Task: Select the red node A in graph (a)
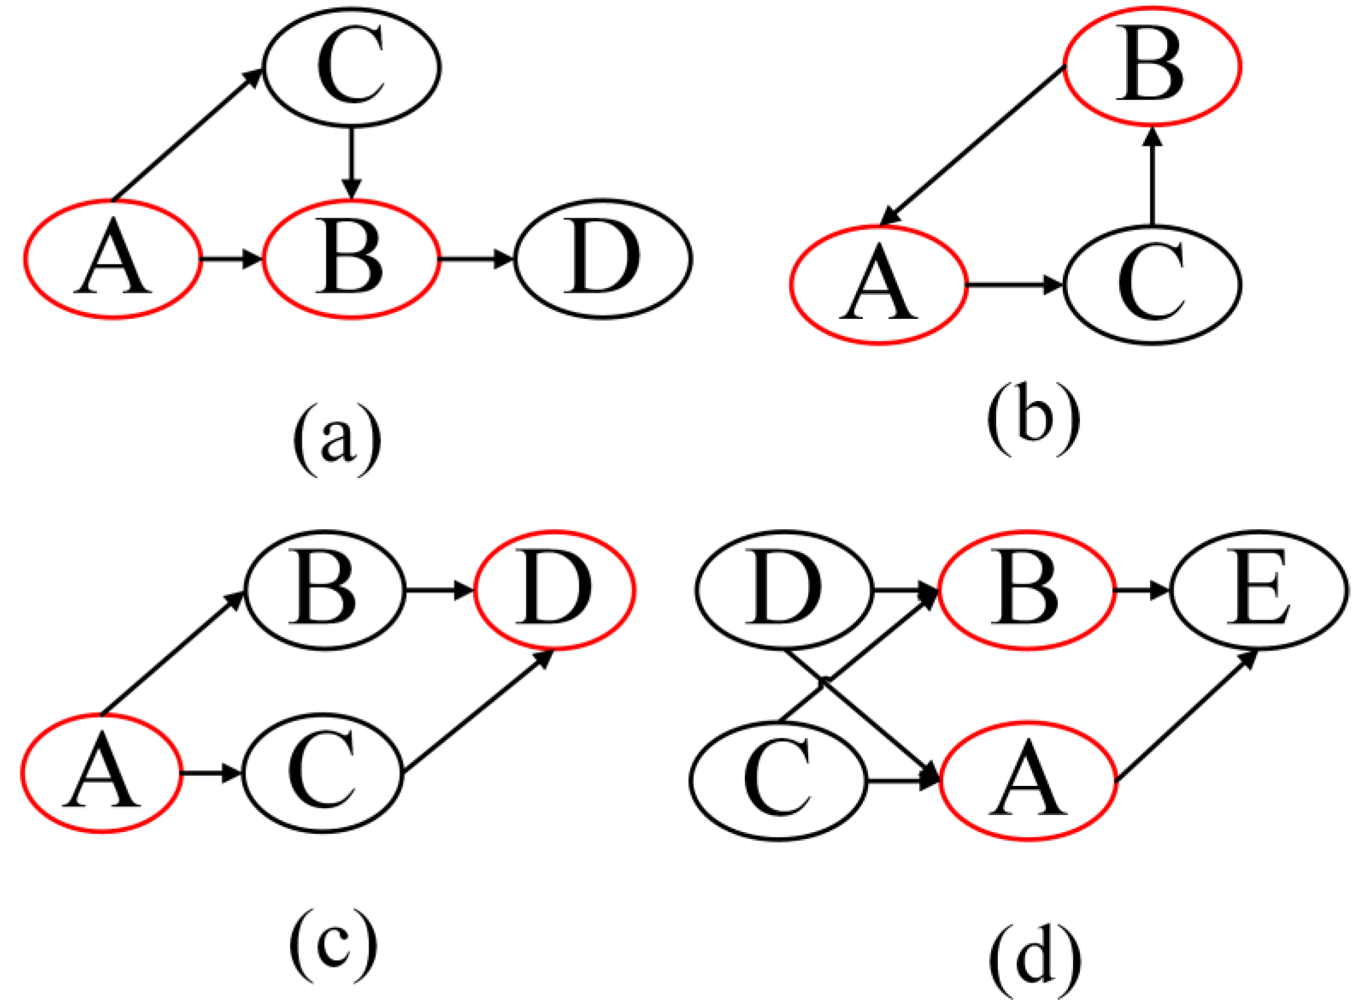coord(113,259)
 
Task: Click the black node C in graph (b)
coord(1152,284)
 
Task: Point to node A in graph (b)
coord(878,284)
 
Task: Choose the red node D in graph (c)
coord(554,590)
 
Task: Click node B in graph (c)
coord(324,590)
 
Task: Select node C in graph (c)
coord(322,773)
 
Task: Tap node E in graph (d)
coord(1259,590)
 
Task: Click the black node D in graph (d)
coord(784,590)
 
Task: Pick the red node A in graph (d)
coord(1028,781)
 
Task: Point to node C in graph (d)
coord(779,781)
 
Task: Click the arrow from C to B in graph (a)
coord(351,162)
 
